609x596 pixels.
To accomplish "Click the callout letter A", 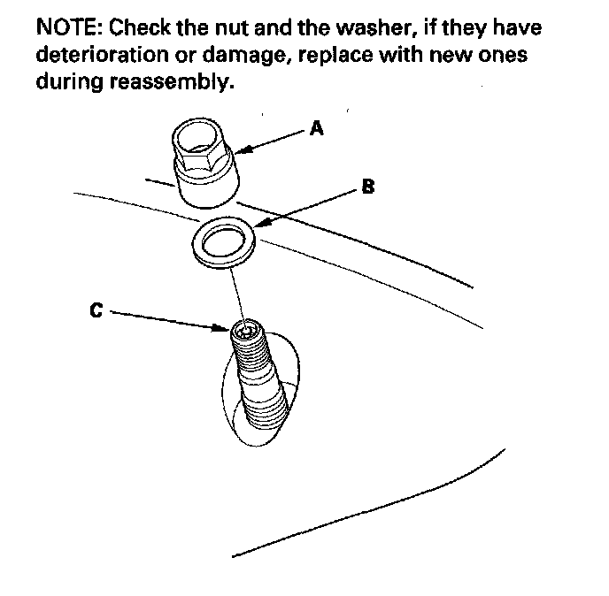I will (317, 129).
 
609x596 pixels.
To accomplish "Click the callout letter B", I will (367, 188).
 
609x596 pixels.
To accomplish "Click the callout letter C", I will (96, 310).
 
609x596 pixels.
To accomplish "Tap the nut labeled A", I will (203, 164).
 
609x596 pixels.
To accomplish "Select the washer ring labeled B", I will (221, 240).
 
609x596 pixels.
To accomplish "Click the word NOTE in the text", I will (67, 27).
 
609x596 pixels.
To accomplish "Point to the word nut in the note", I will (228, 27).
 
